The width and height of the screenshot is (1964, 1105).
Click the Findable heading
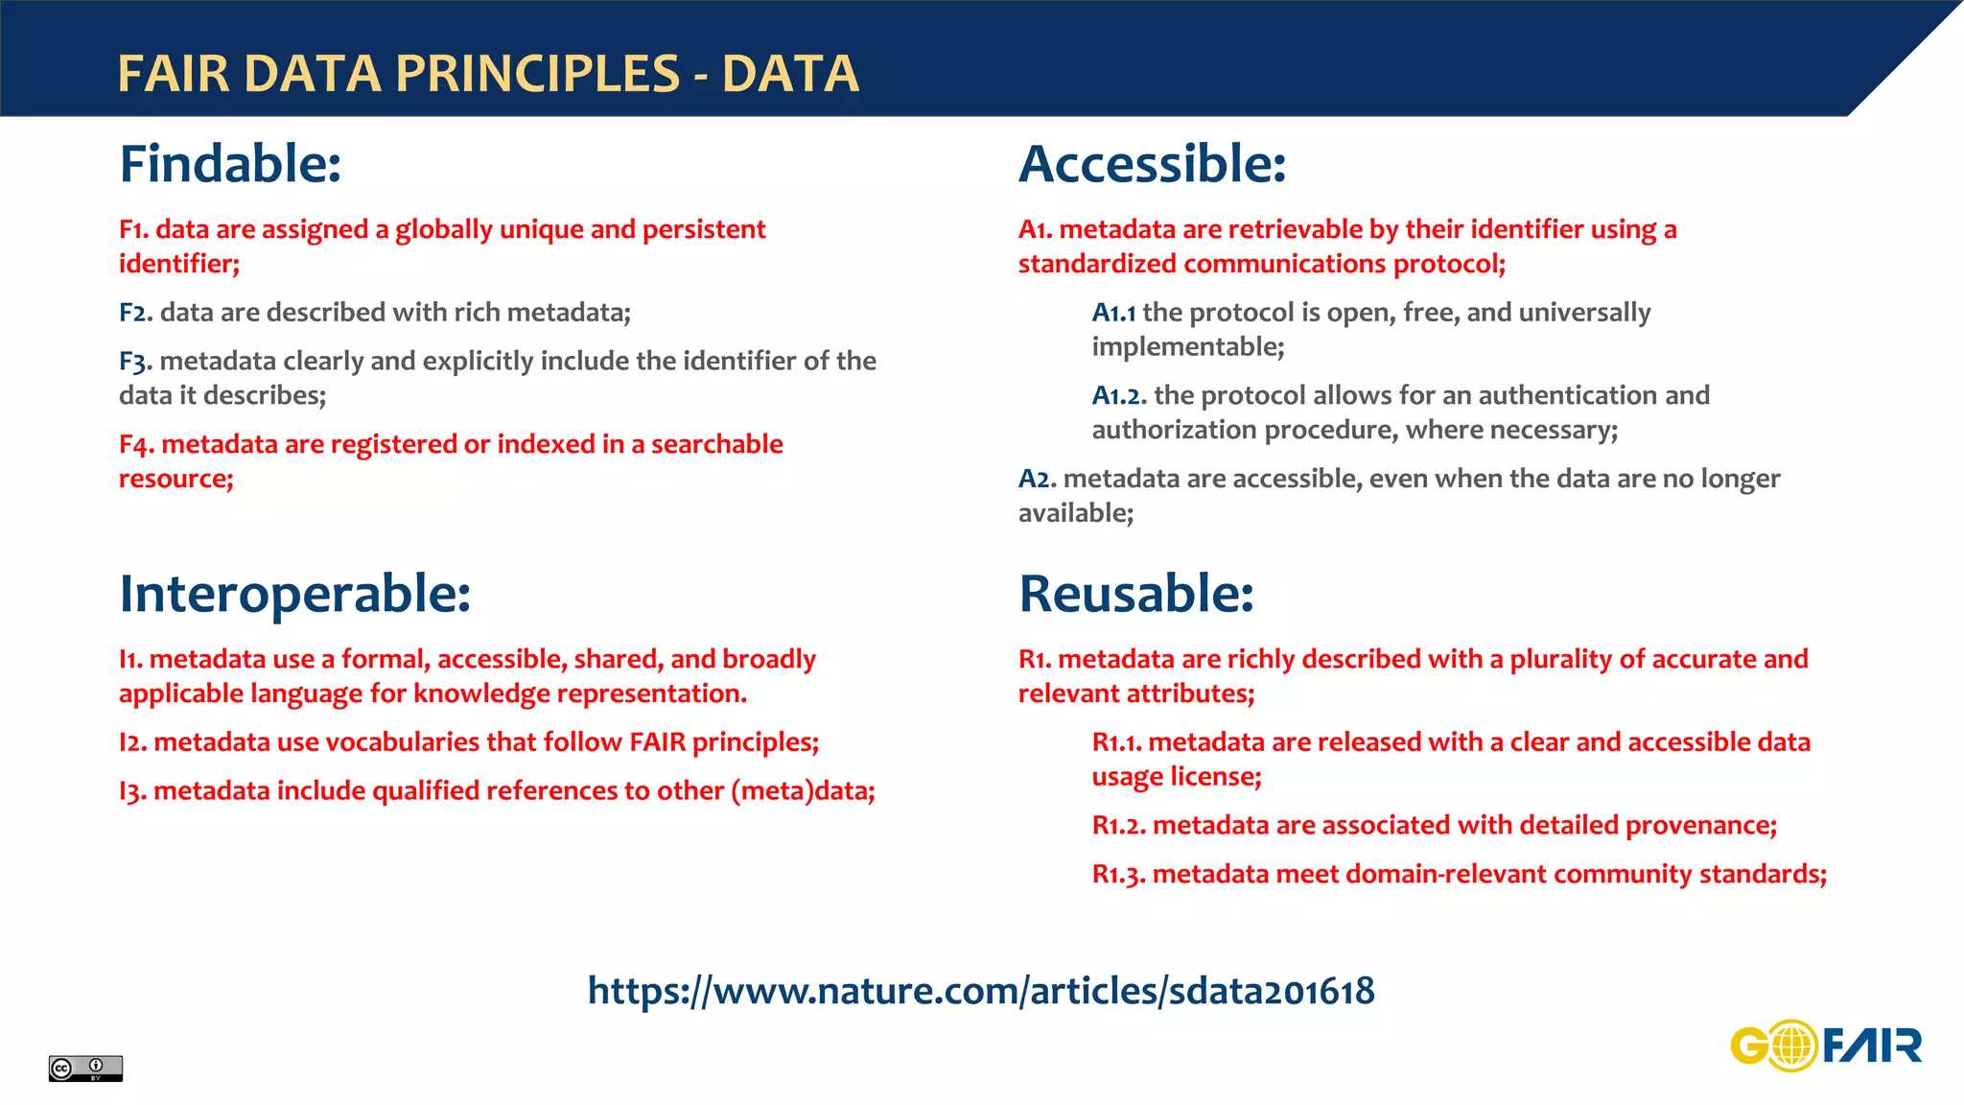[x=230, y=164]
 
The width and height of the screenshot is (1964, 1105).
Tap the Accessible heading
[x=1152, y=164]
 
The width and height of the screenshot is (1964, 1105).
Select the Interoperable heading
[x=294, y=594]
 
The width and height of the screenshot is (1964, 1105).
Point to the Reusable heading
[x=1135, y=594]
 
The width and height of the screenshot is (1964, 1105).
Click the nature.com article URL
[x=981, y=991]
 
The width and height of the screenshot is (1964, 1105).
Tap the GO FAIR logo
[x=1826, y=1046]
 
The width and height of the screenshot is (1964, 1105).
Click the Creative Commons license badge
[x=85, y=1068]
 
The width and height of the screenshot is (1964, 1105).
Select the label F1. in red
[x=133, y=230]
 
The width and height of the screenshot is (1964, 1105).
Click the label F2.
[x=135, y=314]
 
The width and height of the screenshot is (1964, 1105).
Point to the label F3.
[x=135, y=363]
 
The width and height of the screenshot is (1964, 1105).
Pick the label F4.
[x=136, y=445]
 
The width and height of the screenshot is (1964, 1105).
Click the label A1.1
[x=1113, y=314]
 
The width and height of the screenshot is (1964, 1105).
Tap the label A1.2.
[x=1118, y=396]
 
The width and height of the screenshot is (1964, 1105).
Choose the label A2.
[x=1037, y=480]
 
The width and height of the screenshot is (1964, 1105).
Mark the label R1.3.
[x=1118, y=875]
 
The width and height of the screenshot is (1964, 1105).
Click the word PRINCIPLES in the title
[x=537, y=74]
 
